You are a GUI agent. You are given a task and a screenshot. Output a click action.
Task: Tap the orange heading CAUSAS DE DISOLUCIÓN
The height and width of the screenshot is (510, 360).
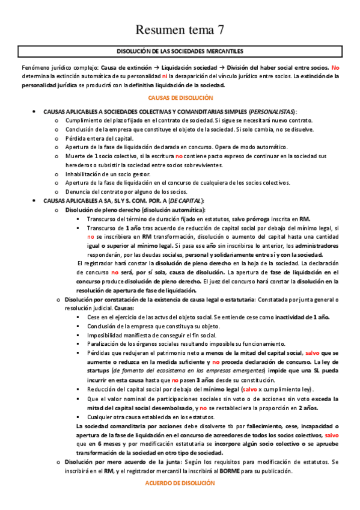pyautogui.click(x=180, y=96)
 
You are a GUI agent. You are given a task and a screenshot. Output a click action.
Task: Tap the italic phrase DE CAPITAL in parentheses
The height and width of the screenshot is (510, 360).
pyautogui.click(x=186, y=201)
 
